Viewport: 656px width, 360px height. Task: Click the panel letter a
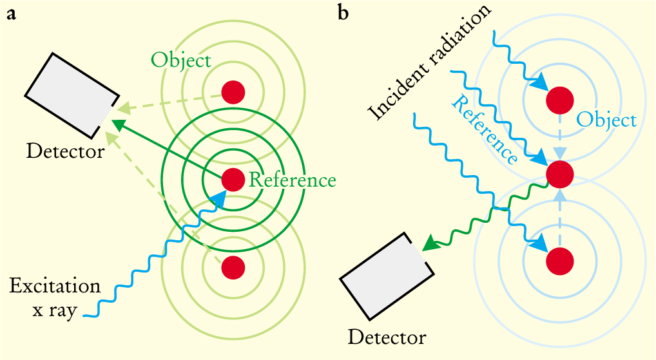pyautogui.click(x=12, y=15)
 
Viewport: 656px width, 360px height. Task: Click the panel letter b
pyautogui.click(x=343, y=13)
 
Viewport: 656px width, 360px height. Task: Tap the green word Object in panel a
pyautogui.click(x=181, y=61)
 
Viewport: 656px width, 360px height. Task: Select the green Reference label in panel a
pyautogui.click(x=292, y=180)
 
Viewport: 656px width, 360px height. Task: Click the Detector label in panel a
pyautogui.click(x=65, y=152)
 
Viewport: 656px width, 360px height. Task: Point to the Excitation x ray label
pyautogui.click(x=55, y=298)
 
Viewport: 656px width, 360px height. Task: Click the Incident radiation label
pyautogui.click(x=429, y=61)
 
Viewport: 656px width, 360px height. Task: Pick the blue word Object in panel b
pyautogui.click(x=606, y=120)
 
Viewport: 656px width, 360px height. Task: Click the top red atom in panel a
pyautogui.click(x=233, y=92)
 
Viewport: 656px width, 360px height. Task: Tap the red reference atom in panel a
pyautogui.click(x=233, y=180)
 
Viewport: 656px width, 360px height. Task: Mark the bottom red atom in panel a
pyautogui.click(x=233, y=267)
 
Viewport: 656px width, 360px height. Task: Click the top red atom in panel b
pyautogui.click(x=559, y=100)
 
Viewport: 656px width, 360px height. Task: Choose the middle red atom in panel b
pyautogui.click(x=559, y=173)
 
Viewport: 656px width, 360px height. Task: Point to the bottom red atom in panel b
pyautogui.click(x=559, y=260)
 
